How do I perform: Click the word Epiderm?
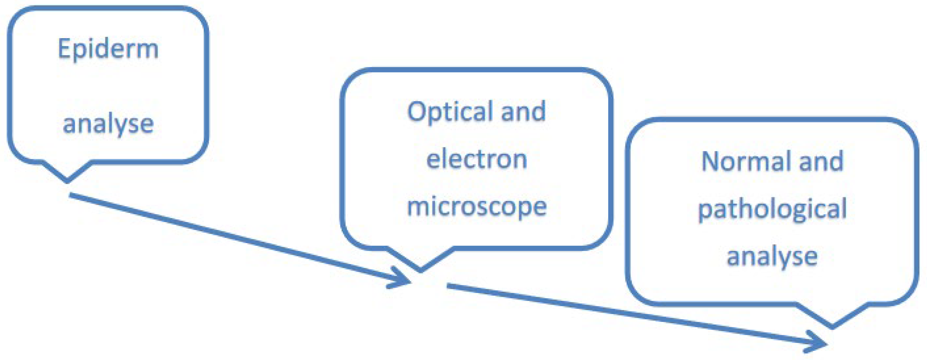coord(108,49)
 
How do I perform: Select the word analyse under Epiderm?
coord(108,124)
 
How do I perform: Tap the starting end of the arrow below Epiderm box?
coord(71,195)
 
